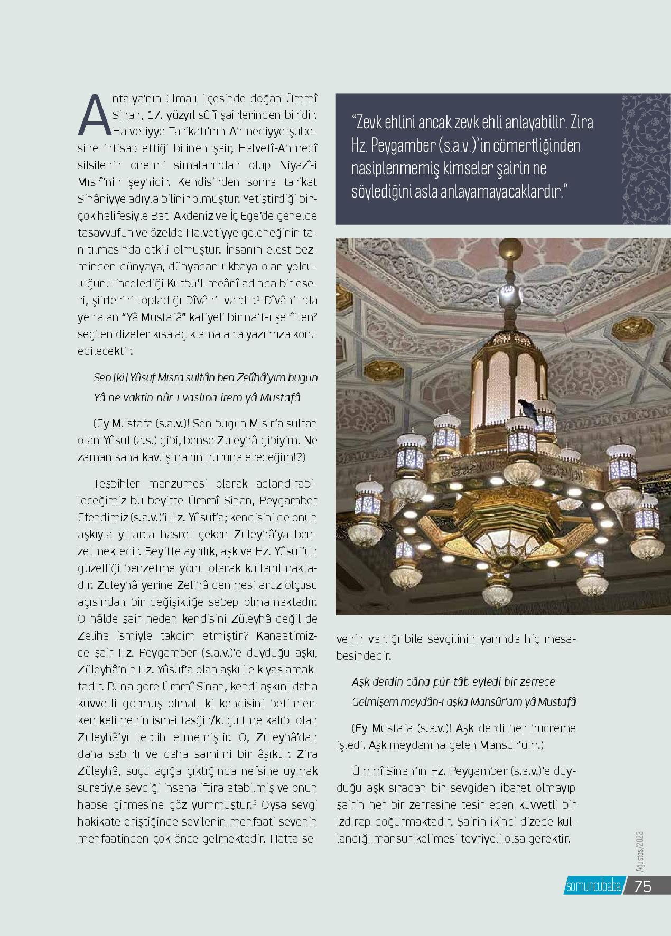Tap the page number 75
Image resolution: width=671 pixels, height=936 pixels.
point(643,886)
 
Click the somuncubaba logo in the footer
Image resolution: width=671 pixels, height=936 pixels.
point(592,886)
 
